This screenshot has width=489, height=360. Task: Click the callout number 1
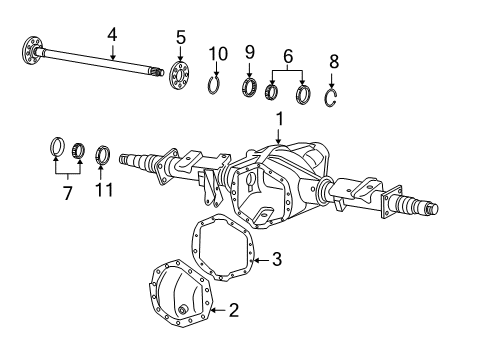(x=279, y=118)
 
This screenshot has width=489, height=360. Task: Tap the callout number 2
(x=232, y=311)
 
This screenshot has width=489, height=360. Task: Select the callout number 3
(x=276, y=260)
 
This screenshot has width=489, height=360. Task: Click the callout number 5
(x=180, y=38)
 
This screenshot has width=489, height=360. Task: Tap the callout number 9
(x=250, y=52)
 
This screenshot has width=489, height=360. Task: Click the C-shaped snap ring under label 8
(x=334, y=97)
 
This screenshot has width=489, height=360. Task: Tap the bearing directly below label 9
(x=250, y=87)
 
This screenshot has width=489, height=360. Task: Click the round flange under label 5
(x=180, y=74)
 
